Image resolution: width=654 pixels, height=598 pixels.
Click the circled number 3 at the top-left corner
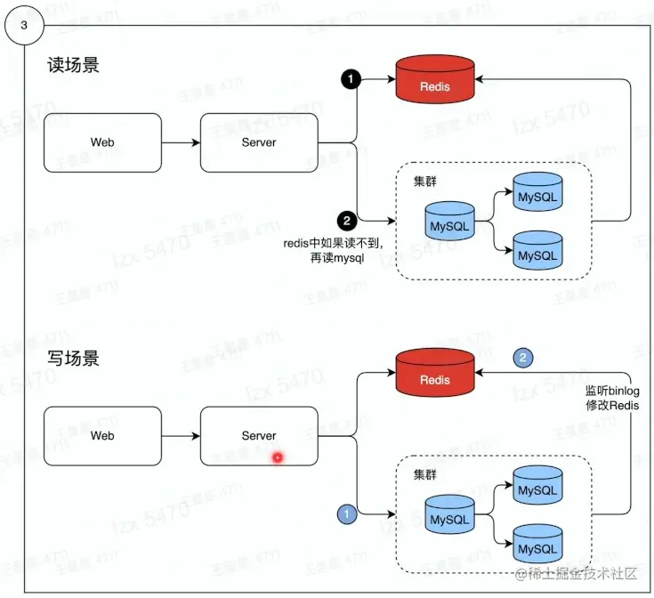(x=23, y=25)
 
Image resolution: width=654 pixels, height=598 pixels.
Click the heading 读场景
(x=73, y=66)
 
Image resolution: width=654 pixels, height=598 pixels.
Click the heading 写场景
(x=73, y=359)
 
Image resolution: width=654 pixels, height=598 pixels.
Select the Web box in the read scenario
(x=102, y=142)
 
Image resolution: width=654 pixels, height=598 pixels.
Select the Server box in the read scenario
(x=259, y=142)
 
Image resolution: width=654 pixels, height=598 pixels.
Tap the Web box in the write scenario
(x=102, y=436)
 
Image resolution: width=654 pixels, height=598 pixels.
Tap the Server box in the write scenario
(x=259, y=436)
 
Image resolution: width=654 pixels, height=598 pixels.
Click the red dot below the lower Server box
(x=277, y=457)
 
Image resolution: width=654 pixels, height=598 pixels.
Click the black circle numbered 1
(x=351, y=80)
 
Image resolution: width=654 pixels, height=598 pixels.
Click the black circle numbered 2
(x=346, y=220)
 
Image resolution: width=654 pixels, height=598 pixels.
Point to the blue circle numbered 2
(x=524, y=358)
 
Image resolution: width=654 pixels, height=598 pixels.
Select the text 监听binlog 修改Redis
(x=612, y=398)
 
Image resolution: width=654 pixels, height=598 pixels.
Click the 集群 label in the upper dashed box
(x=425, y=181)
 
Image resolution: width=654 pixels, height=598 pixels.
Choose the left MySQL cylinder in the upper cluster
(x=449, y=224)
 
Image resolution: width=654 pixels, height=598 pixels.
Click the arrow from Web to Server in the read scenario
(x=181, y=142)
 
